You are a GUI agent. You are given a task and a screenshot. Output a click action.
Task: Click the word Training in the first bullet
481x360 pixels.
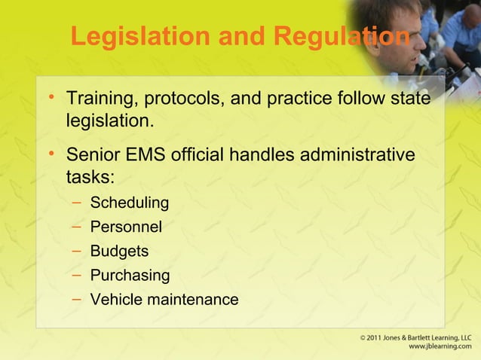click(97, 99)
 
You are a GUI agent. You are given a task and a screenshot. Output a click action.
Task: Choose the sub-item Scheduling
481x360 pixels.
click(129, 203)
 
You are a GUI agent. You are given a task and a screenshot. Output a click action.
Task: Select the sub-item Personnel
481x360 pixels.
click(126, 227)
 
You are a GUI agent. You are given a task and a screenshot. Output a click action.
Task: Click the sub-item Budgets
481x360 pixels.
click(119, 251)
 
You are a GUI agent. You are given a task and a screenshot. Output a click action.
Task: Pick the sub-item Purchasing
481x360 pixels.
click(130, 275)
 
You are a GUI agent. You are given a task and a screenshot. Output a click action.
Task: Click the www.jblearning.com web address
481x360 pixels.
click(438, 347)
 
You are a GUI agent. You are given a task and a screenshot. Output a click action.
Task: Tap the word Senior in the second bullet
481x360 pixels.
click(90, 156)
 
